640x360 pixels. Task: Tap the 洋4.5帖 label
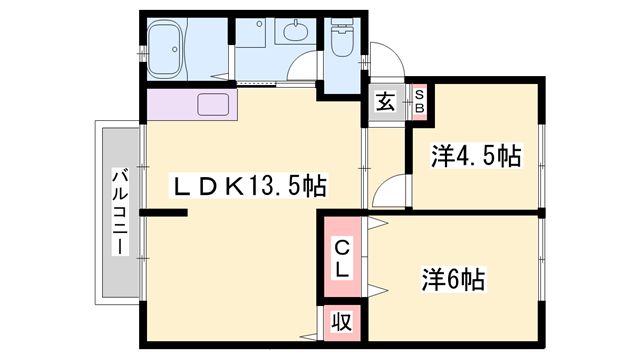coord(475,157)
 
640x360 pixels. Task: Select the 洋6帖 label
coord(452,279)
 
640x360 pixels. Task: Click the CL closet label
coord(341,257)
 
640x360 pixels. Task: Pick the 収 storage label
coord(341,323)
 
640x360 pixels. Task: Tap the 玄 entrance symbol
coord(385,100)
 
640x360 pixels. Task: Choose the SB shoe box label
coord(419,100)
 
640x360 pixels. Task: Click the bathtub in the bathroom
coord(174,47)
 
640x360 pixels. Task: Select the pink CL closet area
coord(341,258)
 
